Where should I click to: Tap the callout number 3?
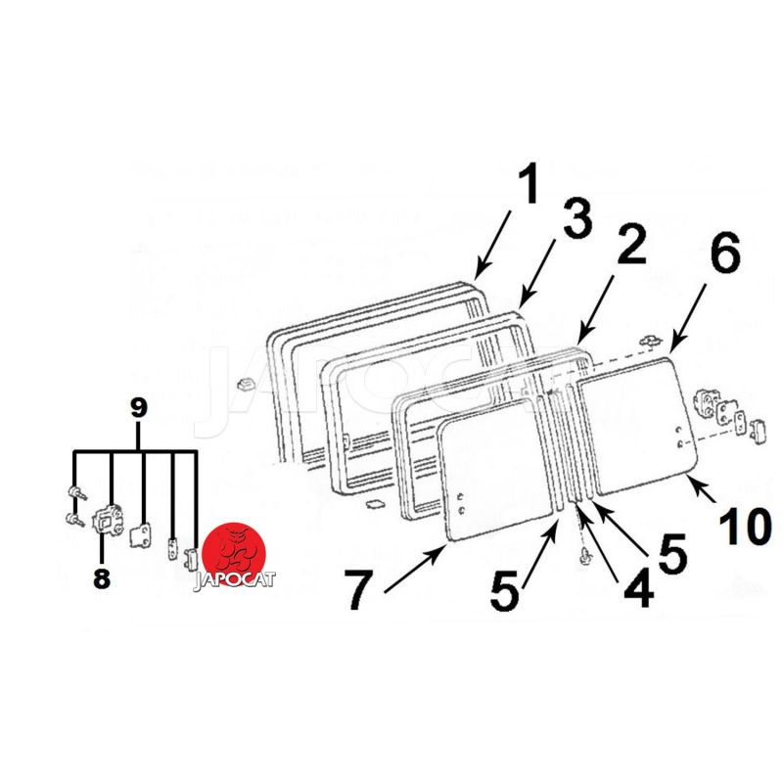(577, 217)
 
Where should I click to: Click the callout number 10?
(746, 527)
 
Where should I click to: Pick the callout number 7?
(358, 590)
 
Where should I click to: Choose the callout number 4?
(639, 588)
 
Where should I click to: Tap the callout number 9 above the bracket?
(139, 408)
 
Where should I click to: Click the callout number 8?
(102, 578)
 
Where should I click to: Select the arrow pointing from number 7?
(415, 569)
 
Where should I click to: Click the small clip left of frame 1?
(244, 385)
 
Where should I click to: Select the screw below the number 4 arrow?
(584, 556)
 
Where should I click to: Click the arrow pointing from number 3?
(537, 274)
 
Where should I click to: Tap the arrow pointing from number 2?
(596, 308)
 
